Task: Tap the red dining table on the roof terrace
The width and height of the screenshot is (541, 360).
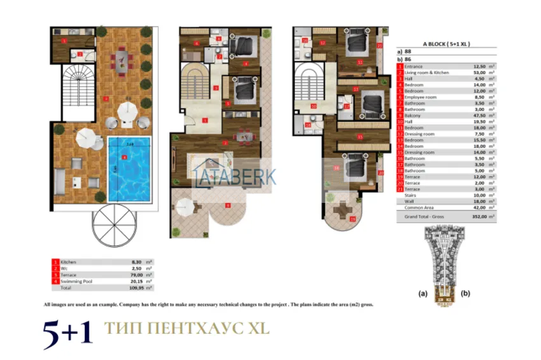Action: click(119, 62)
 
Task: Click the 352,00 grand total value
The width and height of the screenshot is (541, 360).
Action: click(471, 217)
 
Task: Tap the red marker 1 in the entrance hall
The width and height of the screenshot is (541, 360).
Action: click(205, 119)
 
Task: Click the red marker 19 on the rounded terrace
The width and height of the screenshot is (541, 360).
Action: click(353, 219)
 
